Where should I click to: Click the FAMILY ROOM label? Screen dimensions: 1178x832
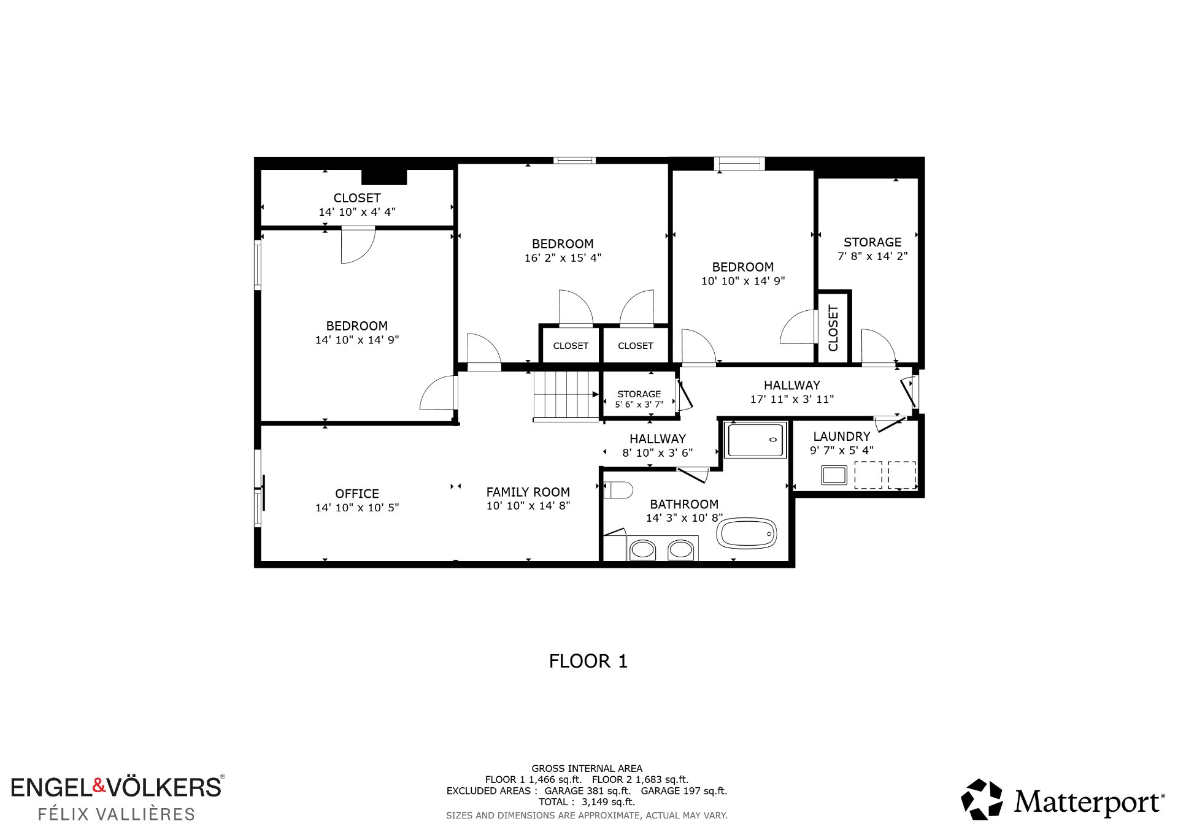coord(528,492)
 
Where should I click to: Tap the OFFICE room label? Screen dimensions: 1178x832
coord(357,494)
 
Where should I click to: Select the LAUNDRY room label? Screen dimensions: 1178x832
coord(842,437)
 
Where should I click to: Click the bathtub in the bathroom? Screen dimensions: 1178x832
coord(747,533)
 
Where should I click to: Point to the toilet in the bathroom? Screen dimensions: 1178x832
coord(618,490)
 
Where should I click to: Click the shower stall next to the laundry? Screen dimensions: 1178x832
coord(755,440)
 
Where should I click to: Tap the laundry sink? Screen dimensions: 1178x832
coord(834,475)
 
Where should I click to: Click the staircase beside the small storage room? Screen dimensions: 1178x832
coord(566,395)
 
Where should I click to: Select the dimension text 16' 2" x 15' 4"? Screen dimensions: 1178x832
coord(563,258)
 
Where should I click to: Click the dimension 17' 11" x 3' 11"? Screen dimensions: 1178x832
coord(792,399)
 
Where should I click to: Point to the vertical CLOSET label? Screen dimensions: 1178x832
coord(833,328)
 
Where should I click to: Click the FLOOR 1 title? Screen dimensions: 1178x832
coord(588,661)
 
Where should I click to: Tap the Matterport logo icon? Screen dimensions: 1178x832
coord(982,800)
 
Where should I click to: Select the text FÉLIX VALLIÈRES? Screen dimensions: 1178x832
coord(117,814)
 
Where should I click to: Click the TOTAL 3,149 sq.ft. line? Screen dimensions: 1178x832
coord(587,802)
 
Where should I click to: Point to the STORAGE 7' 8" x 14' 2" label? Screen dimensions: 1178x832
coord(872,249)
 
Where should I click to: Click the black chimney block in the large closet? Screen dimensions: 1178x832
coord(384,177)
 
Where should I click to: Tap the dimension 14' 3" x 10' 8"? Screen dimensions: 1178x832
coord(684,518)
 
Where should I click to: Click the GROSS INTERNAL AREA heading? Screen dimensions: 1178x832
coord(587,768)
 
